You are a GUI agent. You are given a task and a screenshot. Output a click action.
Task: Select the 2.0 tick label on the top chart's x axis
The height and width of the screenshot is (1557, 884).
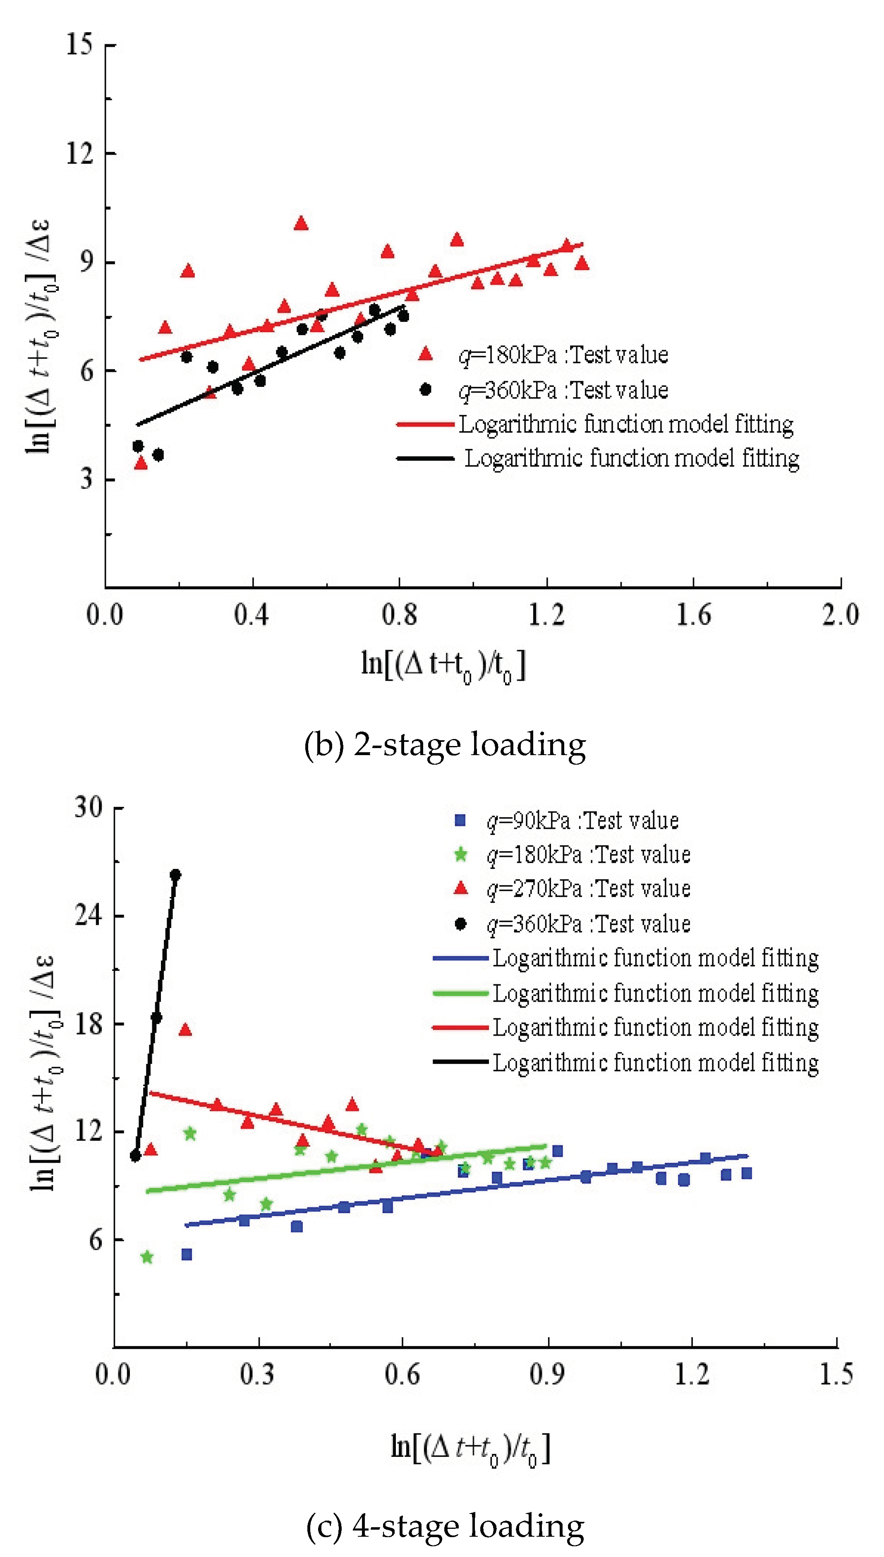(x=840, y=614)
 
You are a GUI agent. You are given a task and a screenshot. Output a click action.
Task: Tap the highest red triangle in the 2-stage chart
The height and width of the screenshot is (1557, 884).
(x=301, y=223)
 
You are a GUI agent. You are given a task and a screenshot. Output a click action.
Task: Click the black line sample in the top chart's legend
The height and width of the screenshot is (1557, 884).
(x=425, y=458)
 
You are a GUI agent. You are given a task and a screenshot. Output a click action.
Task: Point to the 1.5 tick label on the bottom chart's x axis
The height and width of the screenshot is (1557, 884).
(x=836, y=1374)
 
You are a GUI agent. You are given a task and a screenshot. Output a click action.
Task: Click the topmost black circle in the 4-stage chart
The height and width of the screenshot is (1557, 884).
(x=175, y=874)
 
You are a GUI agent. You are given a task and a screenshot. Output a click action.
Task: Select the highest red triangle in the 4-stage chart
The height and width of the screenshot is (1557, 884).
(x=185, y=1029)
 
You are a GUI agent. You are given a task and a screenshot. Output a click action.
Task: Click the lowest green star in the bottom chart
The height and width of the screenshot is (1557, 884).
(x=147, y=1257)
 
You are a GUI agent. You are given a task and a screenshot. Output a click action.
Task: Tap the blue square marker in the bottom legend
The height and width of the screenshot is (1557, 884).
(x=460, y=820)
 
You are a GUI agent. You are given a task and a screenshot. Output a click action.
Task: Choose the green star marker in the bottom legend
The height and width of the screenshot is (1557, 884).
(x=460, y=855)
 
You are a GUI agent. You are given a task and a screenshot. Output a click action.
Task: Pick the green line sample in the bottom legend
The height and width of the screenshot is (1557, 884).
(x=460, y=993)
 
